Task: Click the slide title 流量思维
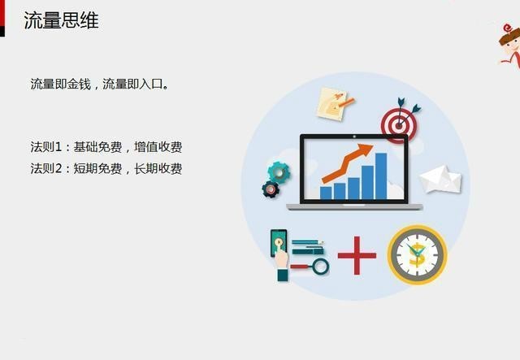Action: (62, 20)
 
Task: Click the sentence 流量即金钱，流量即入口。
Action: (100, 85)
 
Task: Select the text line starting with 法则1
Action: (106, 146)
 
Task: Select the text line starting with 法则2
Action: (106, 168)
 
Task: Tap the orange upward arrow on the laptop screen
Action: (346, 163)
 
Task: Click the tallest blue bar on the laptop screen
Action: (381, 176)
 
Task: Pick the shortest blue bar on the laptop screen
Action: (326, 193)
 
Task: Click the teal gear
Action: (279, 172)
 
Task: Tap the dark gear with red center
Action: (271, 189)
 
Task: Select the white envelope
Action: (440, 179)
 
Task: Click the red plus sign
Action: (357, 255)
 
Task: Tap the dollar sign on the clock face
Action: (416, 255)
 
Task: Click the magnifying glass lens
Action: (320, 267)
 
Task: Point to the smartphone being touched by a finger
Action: (279, 243)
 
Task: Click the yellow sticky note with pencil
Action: (334, 104)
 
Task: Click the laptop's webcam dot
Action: (354, 137)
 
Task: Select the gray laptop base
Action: (354, 207)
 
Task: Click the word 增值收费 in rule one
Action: (158, 146)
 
